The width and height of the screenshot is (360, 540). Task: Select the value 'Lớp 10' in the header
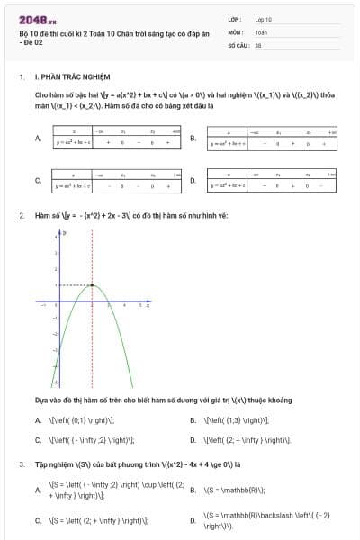pos(264,18)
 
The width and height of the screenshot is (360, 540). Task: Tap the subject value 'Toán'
pos(261,31)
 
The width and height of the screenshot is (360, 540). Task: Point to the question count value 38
pos(258,44)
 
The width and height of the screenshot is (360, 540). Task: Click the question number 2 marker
pos(21,216)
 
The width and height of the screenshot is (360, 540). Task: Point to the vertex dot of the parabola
pos(92,285)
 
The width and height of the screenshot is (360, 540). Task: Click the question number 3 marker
pos(21,464)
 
